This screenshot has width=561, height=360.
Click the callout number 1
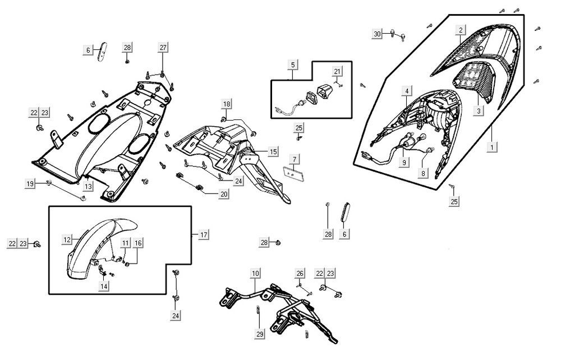(x=492, y=147)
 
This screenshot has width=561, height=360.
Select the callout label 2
(x=461, y=30)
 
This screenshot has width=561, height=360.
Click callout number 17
(x=203, y=234)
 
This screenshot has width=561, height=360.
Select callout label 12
(x=67, y=239)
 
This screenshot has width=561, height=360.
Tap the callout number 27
(x=163, y=48)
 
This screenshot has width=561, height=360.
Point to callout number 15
(x=273, y=151)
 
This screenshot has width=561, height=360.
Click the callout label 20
(x=224, y=194)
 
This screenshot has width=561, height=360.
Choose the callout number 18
(x=226, y=104)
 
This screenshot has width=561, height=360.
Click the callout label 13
(x=88, y=186)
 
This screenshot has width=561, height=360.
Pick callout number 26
(x=300, y=273)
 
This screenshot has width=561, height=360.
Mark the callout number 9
(x=402, y=163)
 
